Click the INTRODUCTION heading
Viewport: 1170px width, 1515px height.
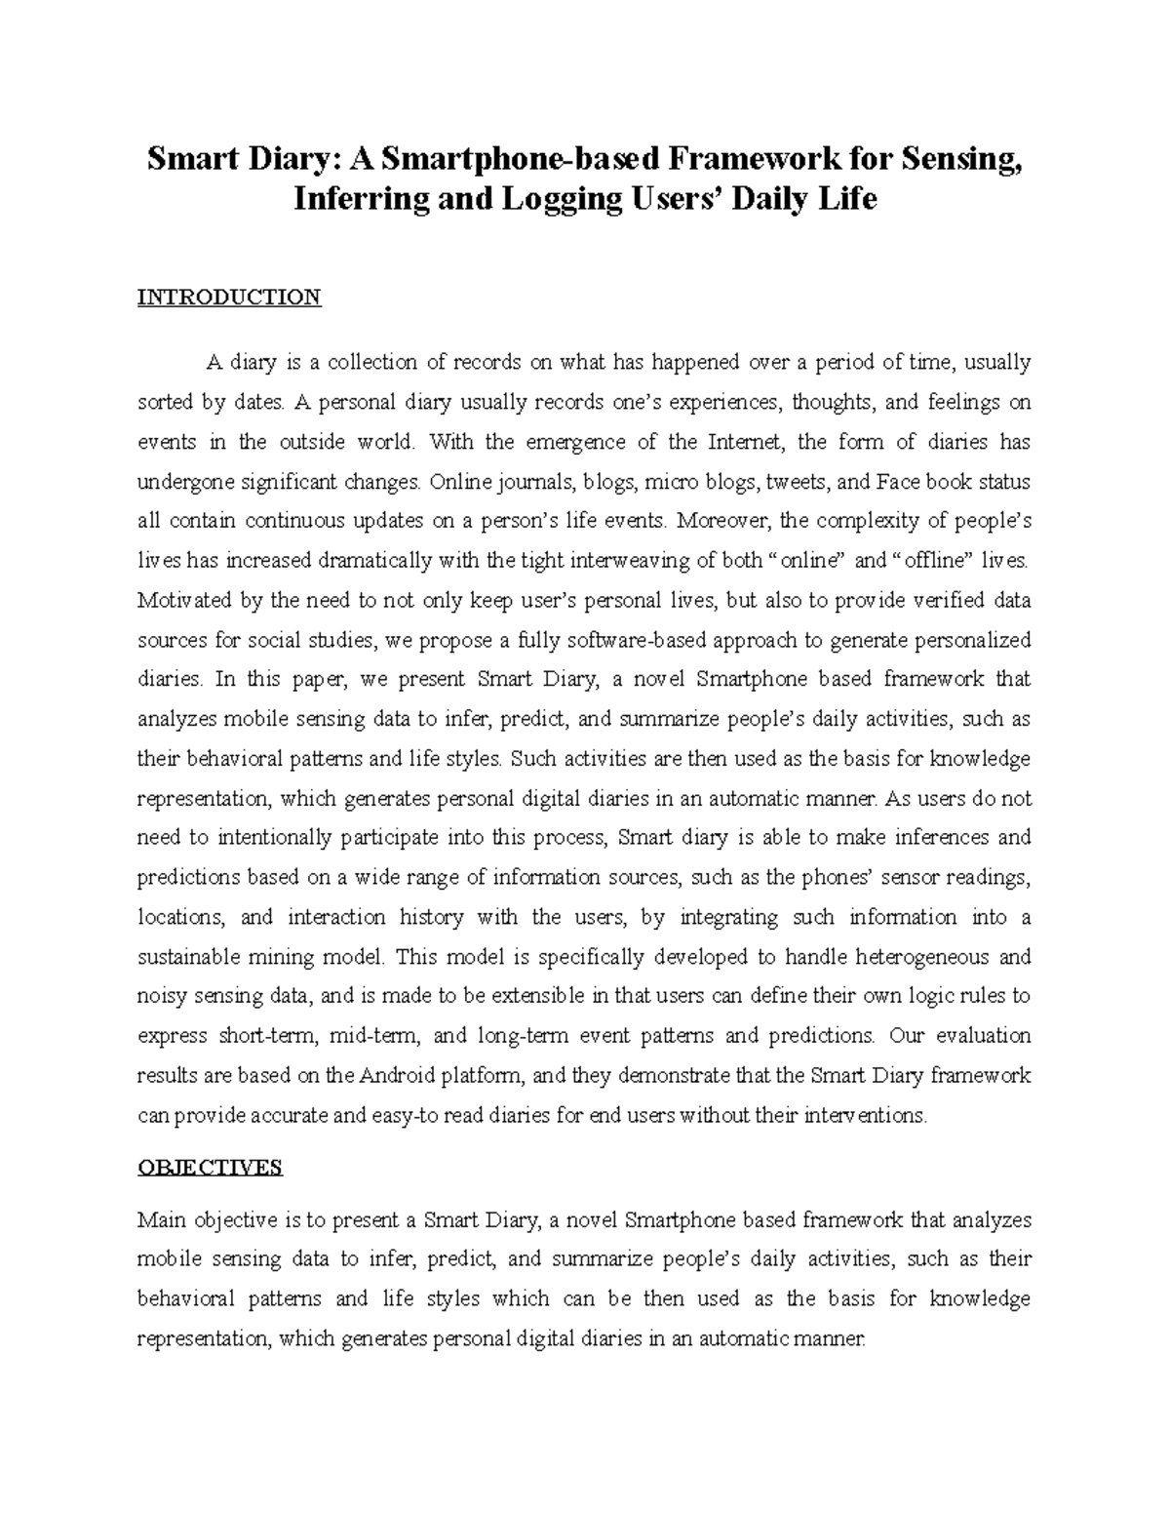(229, 298)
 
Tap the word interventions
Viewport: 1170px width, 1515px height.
(864, 1115)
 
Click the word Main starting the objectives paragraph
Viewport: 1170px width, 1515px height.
(162, 1219)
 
